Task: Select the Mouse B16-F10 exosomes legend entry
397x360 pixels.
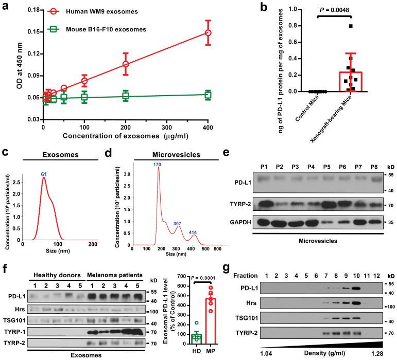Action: (103, 29)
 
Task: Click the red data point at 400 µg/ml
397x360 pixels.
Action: (208, 32)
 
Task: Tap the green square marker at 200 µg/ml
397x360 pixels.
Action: (125, 96)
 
